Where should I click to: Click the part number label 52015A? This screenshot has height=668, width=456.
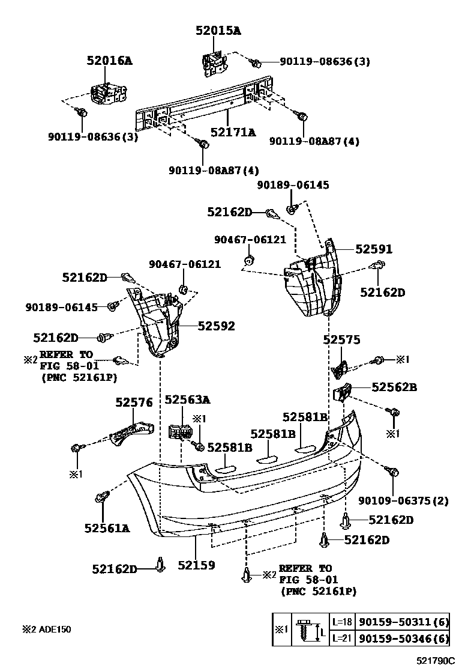click(x=217, y=31)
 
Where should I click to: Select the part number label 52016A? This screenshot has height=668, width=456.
click(x=109, y=61)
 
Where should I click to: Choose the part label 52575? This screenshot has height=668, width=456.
click(x=341, y=340)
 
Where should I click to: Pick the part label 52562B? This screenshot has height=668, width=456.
click(x=394, y=387)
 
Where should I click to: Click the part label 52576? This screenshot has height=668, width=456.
click(x=134, y=402)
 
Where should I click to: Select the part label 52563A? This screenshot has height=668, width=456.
click(x=188, y=399)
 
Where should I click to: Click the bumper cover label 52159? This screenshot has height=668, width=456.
click(x=196, y=565)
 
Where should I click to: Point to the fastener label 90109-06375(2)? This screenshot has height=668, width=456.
click(x=403, y=500)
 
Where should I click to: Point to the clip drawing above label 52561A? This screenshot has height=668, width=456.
click(x=101, y=497)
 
